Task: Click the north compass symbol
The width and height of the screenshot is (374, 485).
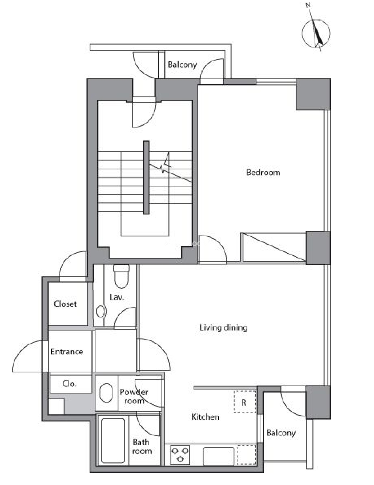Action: tap(316, 33)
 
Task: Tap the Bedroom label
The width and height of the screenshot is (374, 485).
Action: tap(263, 172)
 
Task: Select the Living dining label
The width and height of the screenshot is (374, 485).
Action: tap(223, 328)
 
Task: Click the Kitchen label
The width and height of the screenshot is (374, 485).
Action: tap(205, 417)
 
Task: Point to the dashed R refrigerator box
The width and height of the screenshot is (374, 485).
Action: tap(245, 402)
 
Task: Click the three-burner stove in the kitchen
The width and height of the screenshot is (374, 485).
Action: tap(180, 455)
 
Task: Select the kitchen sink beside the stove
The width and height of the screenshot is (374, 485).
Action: tap(219, 456)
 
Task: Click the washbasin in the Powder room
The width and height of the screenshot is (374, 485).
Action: tap(106, 393)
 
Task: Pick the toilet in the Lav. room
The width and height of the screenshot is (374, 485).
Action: tap(121, 276)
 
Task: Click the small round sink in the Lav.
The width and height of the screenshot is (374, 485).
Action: tap(101, 311)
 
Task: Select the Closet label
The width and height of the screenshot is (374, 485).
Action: tap(65, 304)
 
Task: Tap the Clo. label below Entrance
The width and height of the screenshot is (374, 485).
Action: tap(69, 384)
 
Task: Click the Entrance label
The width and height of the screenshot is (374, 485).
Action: tap(67, 352)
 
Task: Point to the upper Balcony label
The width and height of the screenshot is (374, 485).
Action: tap(182, 65)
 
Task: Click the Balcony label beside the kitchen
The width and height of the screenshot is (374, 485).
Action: tap(281, 433)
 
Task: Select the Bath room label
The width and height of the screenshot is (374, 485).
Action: tap(142, 447)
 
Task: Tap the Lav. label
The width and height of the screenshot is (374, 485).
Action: tap(117, 297)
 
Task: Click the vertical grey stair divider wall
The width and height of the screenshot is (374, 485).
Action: tap(146, 177)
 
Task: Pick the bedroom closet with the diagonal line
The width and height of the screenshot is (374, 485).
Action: tap(274, 247)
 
